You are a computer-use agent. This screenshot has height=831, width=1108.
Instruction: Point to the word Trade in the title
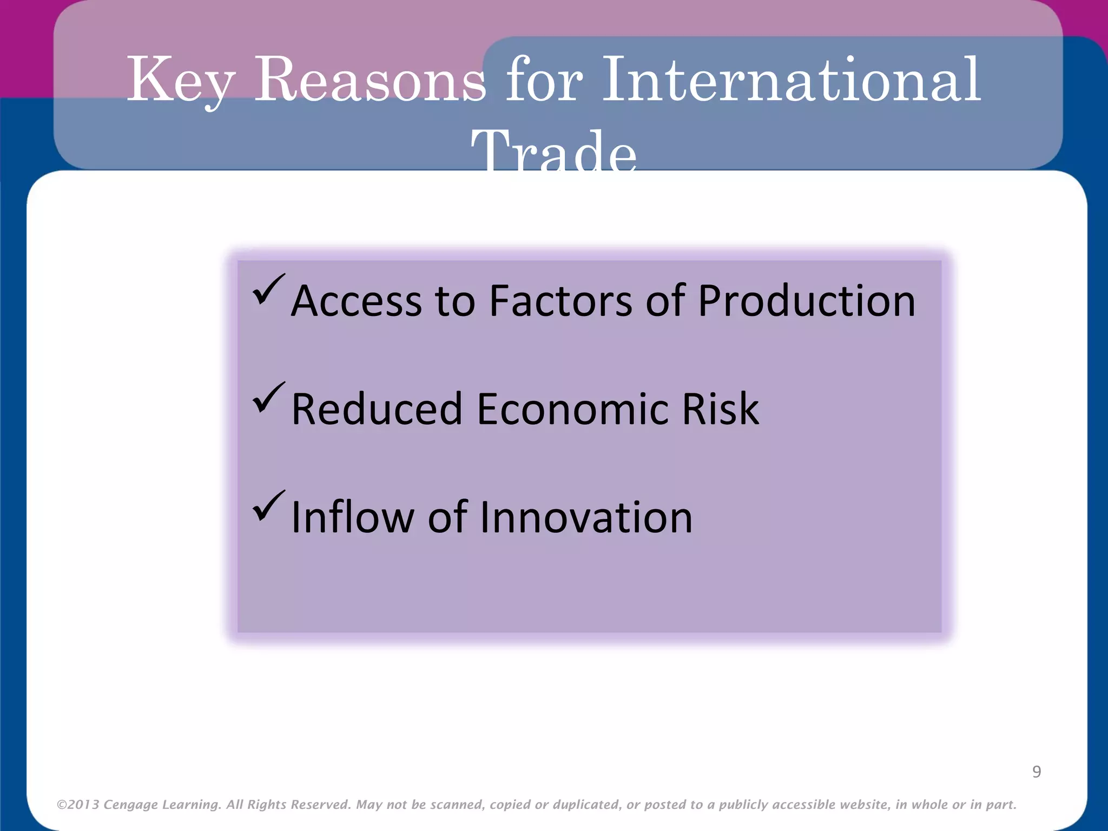(x=553, y=151)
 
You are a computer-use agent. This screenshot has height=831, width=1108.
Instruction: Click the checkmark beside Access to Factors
(x=268, y=289)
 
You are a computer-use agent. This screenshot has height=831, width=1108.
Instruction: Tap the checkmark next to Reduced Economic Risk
(x=268, y=397)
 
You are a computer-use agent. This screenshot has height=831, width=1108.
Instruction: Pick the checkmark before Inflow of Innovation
(x=268, y=505)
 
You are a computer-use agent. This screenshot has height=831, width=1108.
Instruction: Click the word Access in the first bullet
(x=356, y=301)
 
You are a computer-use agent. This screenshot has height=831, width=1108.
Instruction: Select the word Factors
(x=560, y=301)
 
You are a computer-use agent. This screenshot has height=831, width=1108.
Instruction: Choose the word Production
(x=807, y=301)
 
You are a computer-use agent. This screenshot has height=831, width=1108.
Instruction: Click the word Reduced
(x=377, y=409)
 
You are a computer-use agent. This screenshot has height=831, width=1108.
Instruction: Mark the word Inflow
(x=353, y=517)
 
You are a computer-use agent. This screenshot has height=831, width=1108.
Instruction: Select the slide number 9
(x=1037, y=771)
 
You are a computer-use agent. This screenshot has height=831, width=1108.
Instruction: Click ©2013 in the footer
(x=78, y=804)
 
